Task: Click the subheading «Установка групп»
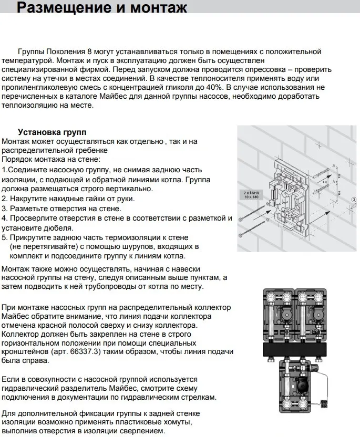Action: (x=52, y=132)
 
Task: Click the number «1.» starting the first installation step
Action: (x=5, y=170)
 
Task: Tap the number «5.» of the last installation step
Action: (x=5, y=237)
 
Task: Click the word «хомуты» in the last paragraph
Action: (x=173, y=422)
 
